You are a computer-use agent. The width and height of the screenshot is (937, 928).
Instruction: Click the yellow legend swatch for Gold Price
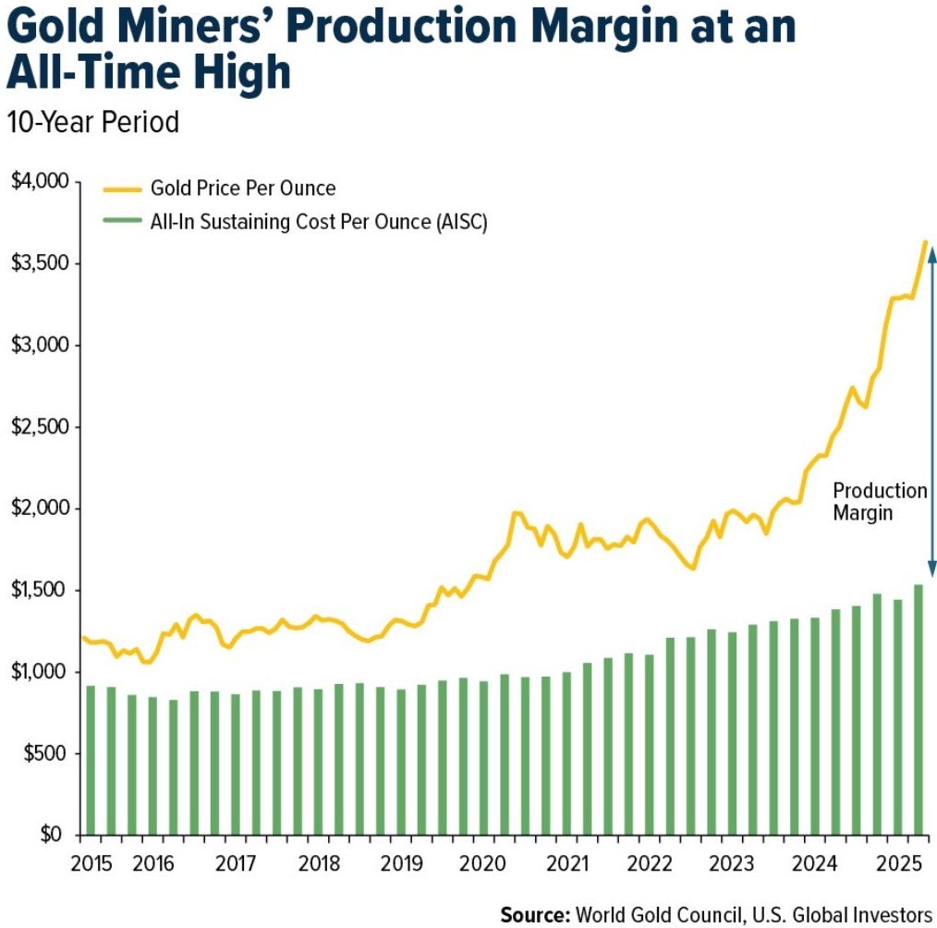pos(120,189)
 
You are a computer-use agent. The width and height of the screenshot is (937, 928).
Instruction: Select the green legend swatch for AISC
pos(120,221)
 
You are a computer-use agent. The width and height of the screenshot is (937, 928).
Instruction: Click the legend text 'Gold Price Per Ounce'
pos(244,189)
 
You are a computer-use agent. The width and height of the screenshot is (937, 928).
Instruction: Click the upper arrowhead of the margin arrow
pos(931,248)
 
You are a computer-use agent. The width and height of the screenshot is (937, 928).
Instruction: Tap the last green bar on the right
pos(919,710)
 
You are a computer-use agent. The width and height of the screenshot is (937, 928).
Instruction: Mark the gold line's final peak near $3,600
pos(926,242)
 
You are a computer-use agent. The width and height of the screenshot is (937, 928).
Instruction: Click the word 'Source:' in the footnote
pos(534,914)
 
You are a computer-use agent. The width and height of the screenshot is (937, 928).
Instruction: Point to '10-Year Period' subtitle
pos(92,122)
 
